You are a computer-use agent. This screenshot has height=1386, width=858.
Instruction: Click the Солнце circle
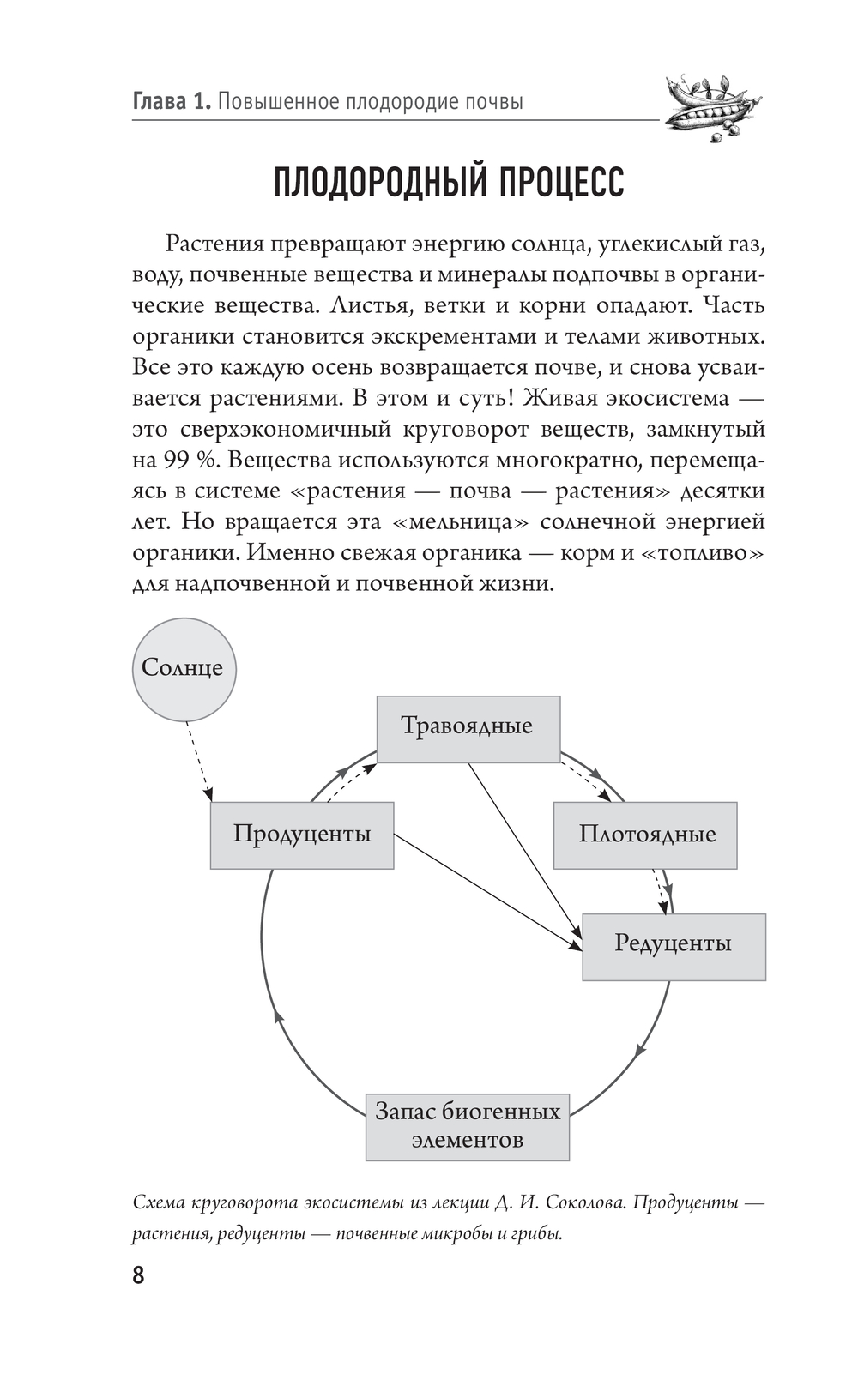(184, 669)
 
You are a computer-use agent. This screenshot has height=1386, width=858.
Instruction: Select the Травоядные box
(468, 728)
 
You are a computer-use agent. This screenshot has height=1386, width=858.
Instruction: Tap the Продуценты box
(302, 835)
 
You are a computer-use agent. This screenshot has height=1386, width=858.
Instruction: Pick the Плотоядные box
(645, 835)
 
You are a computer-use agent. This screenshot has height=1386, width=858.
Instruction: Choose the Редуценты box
(674, 946)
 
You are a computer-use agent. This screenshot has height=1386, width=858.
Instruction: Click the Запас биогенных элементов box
(468, 1127)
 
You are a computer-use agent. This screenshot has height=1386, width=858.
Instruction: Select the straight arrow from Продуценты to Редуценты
(486, 892)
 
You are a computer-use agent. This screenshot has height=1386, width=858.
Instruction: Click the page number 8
(138, 1275)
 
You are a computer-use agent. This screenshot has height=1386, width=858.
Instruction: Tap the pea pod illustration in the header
(711, 106)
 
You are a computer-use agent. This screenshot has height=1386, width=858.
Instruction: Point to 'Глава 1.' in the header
(171, 103)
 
